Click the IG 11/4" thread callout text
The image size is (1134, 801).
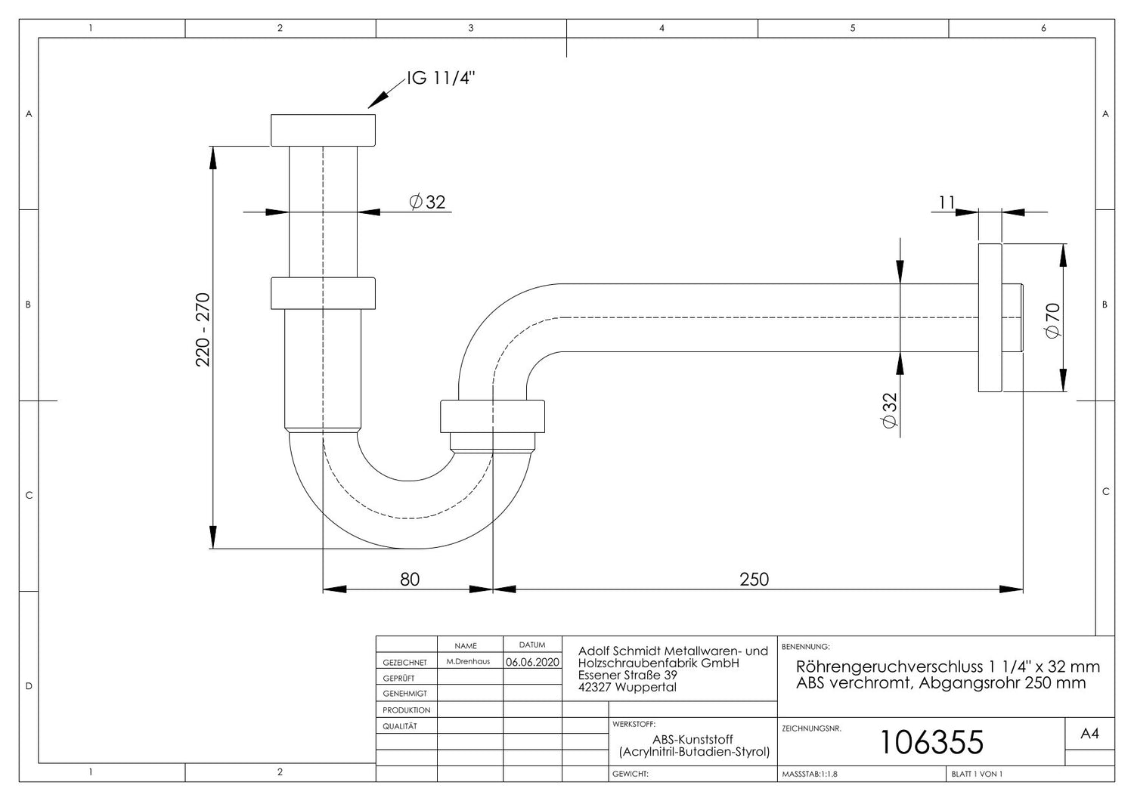tap(441, 79)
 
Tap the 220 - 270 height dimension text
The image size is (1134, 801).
tap(203, 329)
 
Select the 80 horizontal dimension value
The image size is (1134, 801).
tap(410, 579)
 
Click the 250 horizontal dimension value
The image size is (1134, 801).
tap(754, 579)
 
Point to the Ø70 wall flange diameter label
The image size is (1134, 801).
tap(1052, 321)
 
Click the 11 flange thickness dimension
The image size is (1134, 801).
tap(947, 203)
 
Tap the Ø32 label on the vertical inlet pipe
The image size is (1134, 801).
tap(427, 202)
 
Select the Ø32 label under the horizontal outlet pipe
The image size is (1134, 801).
tap(890, 410)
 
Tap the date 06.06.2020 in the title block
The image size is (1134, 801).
tap(532, 662)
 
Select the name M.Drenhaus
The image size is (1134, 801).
tap(468, 661)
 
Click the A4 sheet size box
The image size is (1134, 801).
tap(1089, 733)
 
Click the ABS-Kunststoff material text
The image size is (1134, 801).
tap(692, 739)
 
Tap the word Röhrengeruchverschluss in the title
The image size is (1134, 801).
tap(886, 666)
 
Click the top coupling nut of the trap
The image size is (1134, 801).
tap(323, 130)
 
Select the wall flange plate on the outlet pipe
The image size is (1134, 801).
tap(990, 318)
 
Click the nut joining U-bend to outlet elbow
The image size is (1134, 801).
tap(492, 416)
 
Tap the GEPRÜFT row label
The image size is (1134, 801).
tap(398, 678)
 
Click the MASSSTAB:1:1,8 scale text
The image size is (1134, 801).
tap(810, 774)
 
